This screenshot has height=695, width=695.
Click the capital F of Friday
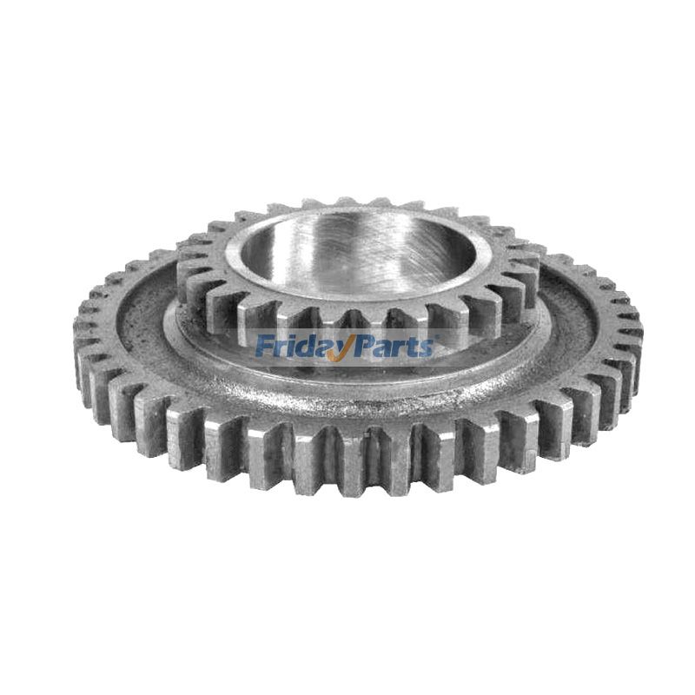[x=261, y=347]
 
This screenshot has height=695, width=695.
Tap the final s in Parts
[x=425, y=348]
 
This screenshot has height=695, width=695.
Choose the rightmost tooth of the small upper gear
[x=531, y=255]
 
